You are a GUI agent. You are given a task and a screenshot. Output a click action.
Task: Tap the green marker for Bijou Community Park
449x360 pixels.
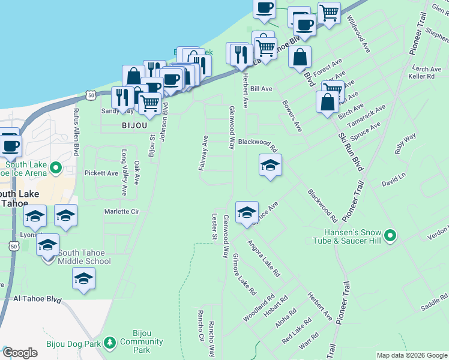(x=109, y=343)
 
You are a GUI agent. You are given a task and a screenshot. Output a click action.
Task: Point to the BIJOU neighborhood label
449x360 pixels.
(x=131, y=127)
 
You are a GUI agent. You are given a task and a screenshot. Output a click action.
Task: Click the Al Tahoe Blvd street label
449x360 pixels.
(x=38, y=298)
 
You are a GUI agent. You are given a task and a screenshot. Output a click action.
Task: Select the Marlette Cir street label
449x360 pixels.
(x=122, y=211)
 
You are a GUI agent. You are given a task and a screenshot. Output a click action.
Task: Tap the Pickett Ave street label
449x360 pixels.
(x=101, y=173)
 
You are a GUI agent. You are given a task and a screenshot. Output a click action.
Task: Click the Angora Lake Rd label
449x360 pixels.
(x=264, y=258)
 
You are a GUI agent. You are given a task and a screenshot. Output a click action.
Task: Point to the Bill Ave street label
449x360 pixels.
(x=261, y=88)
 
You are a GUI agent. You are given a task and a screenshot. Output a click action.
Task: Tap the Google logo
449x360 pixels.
(x=20, y=353)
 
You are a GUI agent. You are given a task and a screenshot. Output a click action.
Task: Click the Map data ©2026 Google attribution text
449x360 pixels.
(x=412, y=355)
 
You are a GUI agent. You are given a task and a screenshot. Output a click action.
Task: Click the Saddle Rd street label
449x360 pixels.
(x=434, y=302)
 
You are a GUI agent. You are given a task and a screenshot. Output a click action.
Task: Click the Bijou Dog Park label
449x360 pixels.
(x=71, y=344)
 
